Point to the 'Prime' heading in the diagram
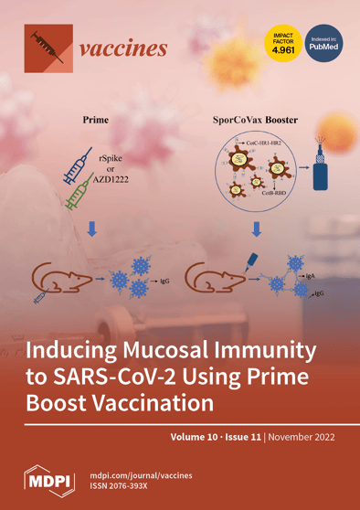tap(96, 120)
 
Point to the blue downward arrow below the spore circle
tap(230, 228)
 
